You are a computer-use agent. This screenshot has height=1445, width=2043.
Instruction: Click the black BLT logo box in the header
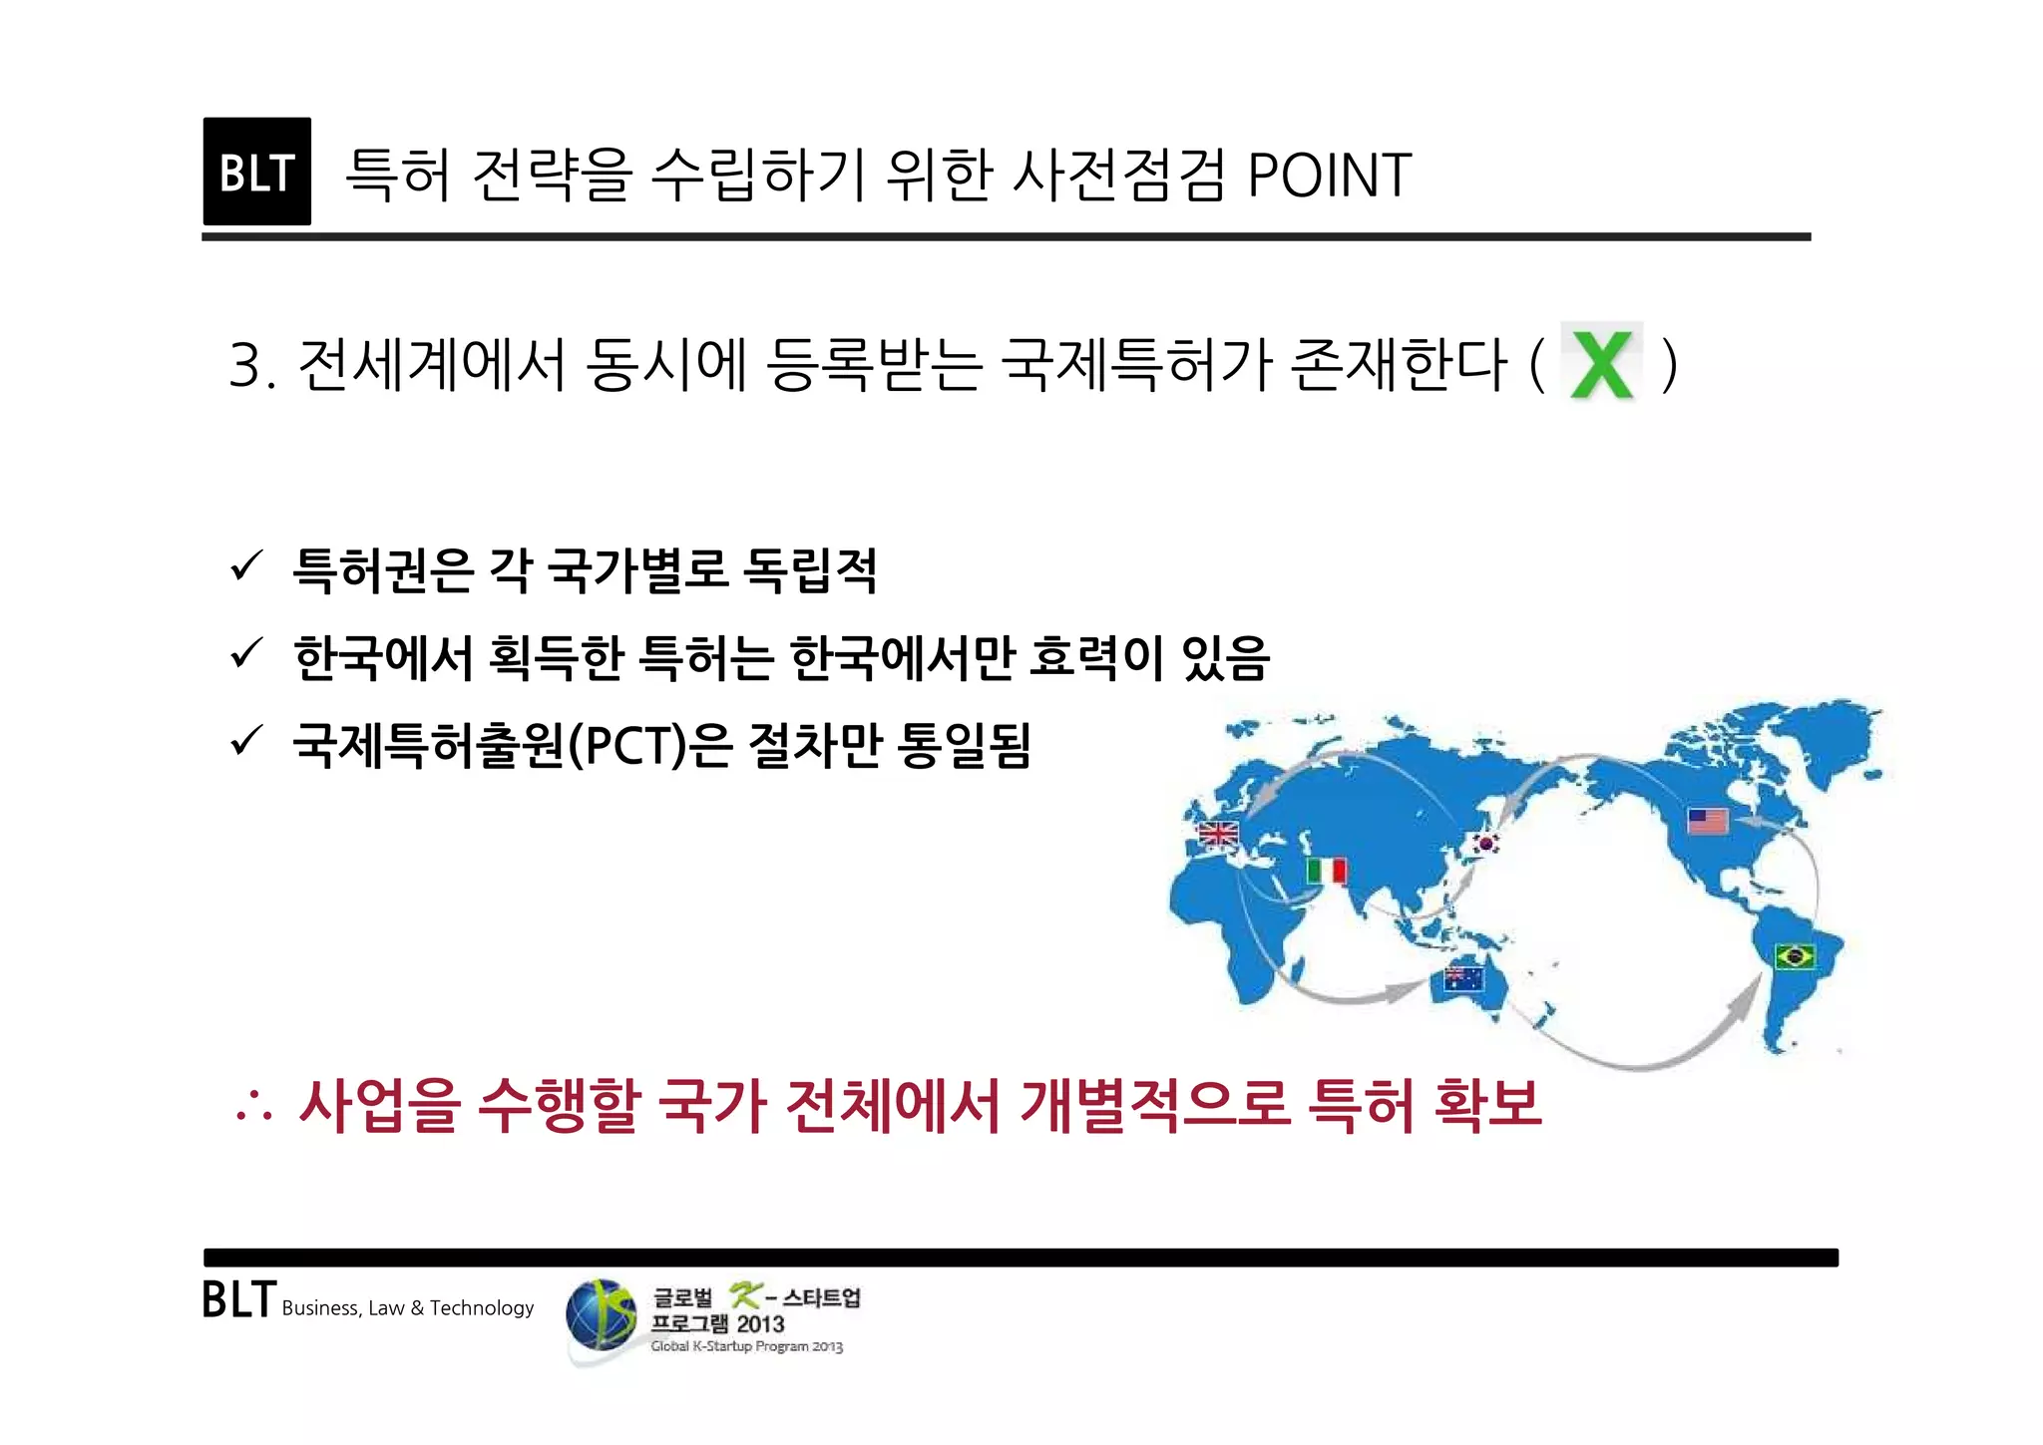coord(256,172)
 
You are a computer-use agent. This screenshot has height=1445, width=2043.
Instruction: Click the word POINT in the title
coord(1329,176)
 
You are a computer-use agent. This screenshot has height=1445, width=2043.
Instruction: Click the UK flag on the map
coord(1218,833)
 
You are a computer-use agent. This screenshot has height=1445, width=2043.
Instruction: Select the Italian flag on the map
coord(1327,871)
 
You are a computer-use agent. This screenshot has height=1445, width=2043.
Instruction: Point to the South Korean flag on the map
coord(1486,844)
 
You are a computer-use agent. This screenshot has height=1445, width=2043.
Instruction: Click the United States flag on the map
coord(1708,821)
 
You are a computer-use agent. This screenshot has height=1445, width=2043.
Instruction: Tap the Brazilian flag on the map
coord(1795,956)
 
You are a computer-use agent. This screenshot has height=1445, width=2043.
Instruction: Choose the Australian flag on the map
coord(1463,978)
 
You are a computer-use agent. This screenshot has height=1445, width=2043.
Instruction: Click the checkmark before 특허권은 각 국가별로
coord(245,566)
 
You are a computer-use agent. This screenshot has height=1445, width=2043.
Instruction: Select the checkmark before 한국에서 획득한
coord(245,654)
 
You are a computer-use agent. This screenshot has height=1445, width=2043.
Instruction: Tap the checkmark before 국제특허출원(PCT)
coord(245,741)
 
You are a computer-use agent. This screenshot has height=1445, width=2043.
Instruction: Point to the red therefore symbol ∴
coord(252,1107)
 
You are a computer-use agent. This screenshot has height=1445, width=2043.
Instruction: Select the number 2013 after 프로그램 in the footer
coord(760,1324)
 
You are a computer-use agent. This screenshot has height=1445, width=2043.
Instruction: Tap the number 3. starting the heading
coord(251,365)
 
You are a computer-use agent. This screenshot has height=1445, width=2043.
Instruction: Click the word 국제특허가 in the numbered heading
coord(1134,364)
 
